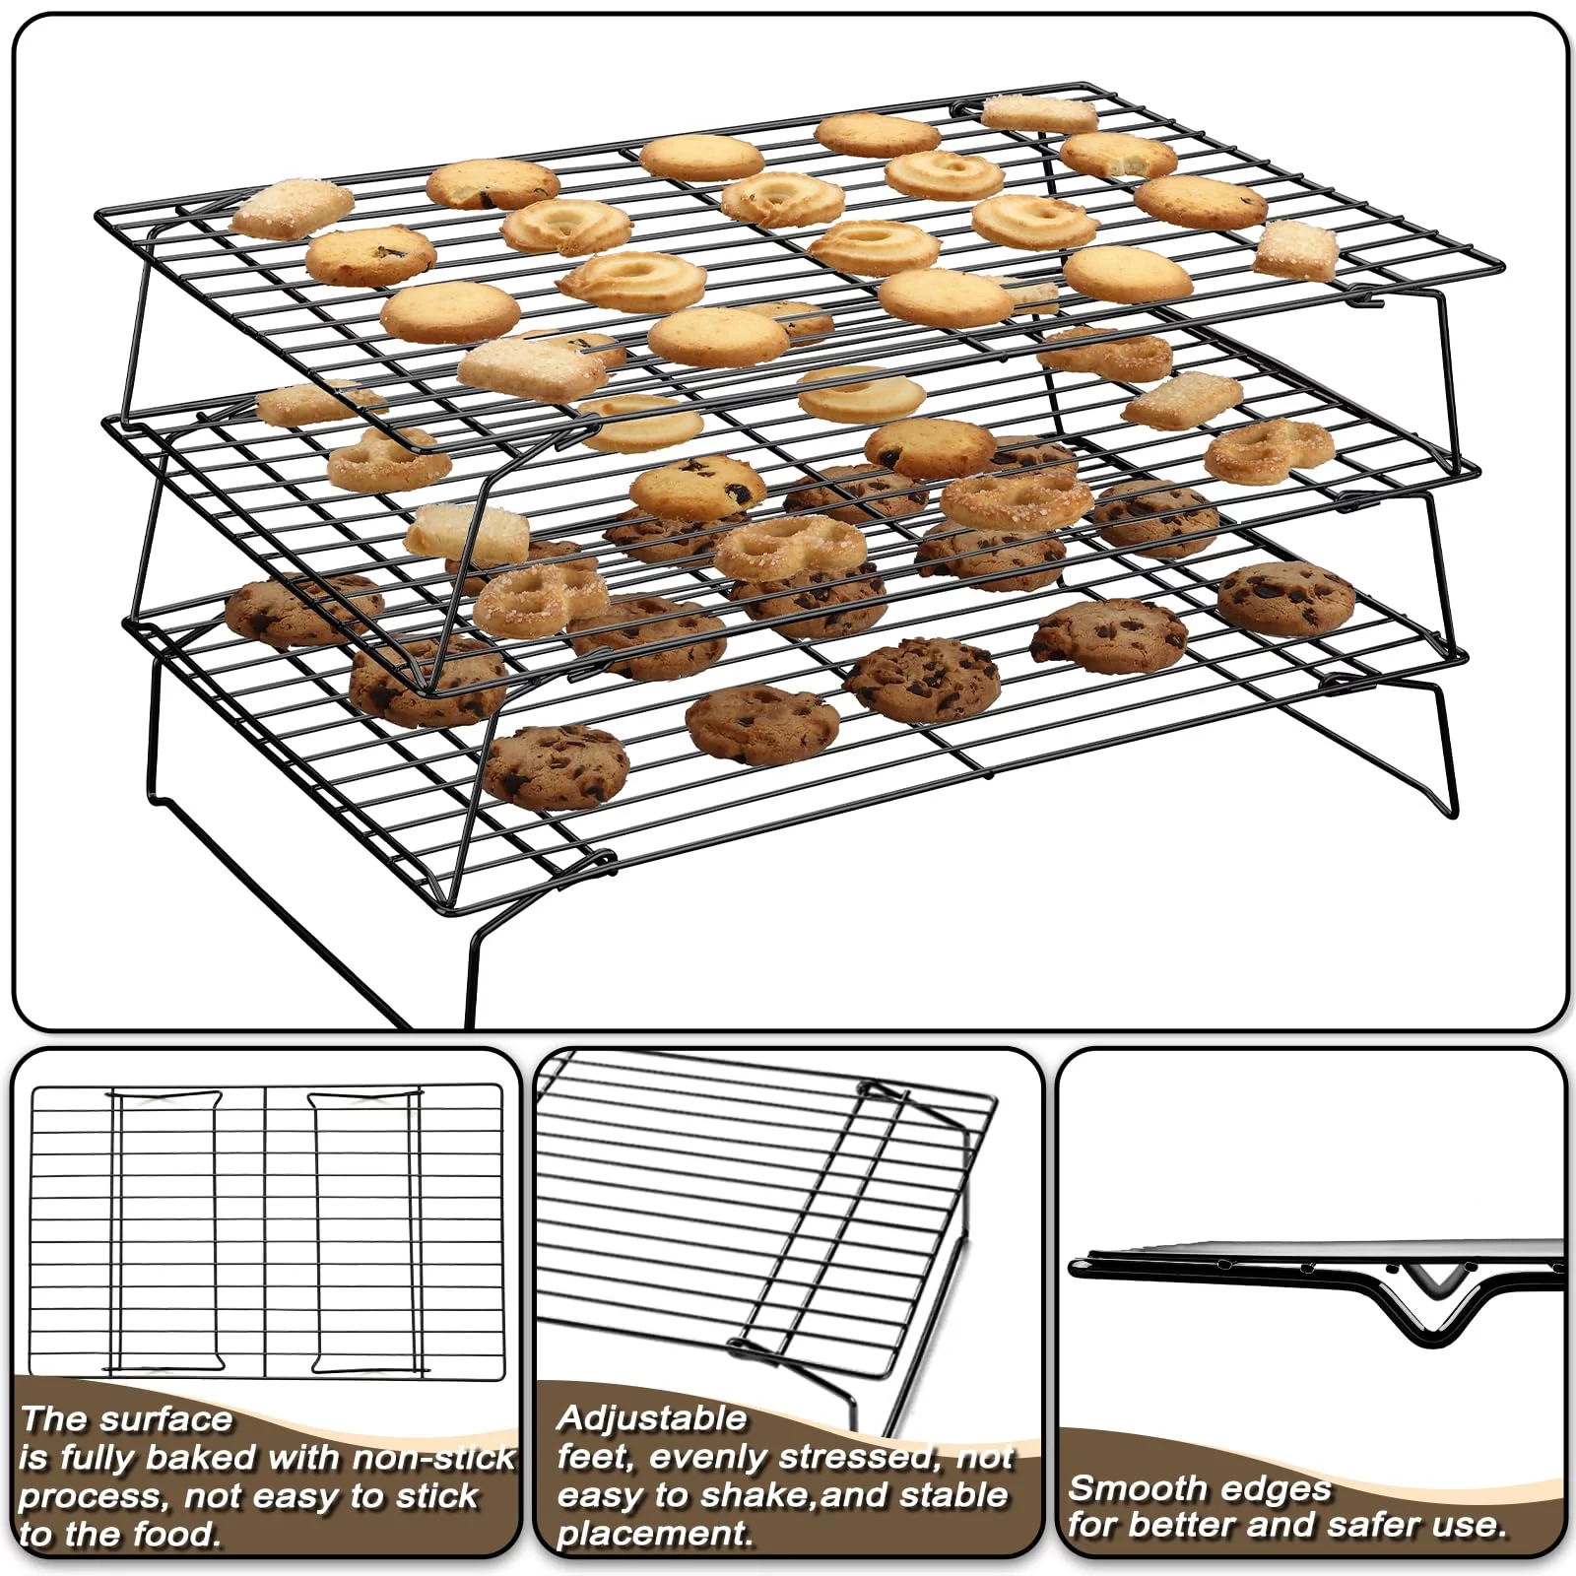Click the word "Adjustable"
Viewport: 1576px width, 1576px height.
[x=651, y=1418]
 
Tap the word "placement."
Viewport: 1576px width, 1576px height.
[x=654, y=1534]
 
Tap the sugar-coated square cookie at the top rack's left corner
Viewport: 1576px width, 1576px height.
[x=292, y=209]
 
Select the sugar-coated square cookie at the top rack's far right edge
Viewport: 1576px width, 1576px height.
[x=1296, y=250]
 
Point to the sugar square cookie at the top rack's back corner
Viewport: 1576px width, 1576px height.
[x=1038, y=114]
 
